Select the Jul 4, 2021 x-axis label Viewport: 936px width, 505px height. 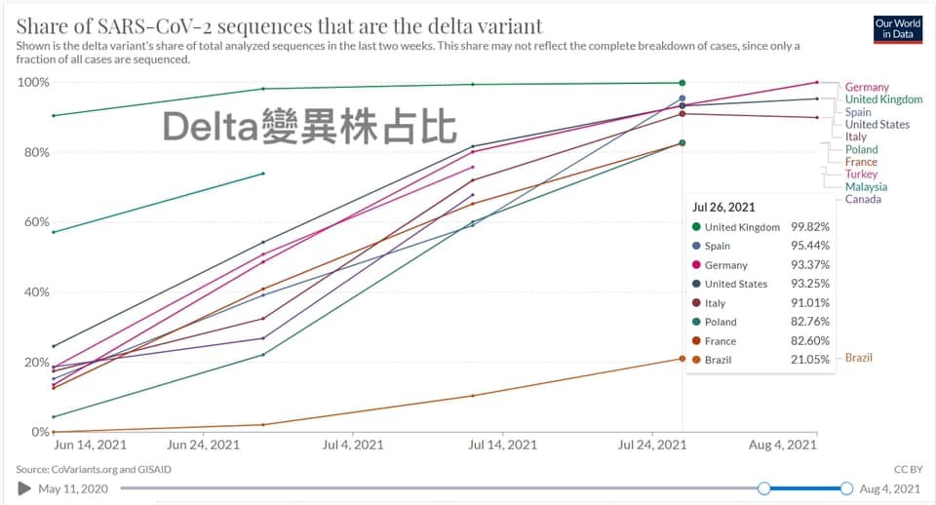click(x=352, y=446)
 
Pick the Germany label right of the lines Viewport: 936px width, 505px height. click(x=867, y=88)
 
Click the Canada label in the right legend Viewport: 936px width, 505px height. click(x=863, y=199)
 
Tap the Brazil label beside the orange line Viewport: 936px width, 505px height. click(x=859, y=358)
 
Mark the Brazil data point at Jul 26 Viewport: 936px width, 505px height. click(x=682, y=359)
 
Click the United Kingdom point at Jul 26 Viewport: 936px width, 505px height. click(x=682, y=83)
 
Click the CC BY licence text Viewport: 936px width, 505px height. click(x=907, y=469)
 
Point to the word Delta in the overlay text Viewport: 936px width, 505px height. click(x=211, y=128)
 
